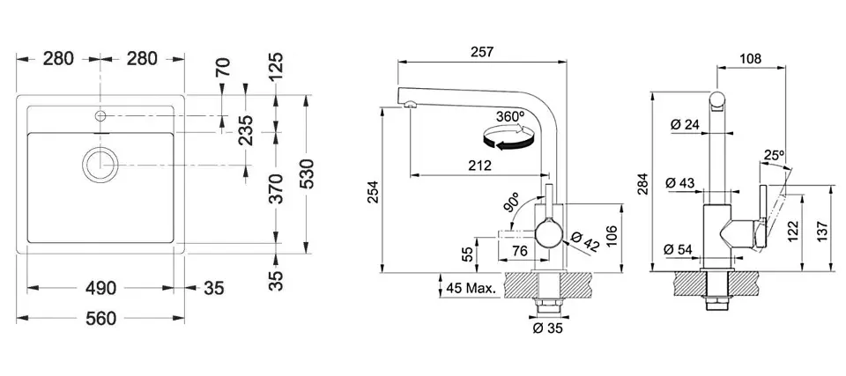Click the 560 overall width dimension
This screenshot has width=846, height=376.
coord(100,318)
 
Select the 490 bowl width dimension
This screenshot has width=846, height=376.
coord(100,289)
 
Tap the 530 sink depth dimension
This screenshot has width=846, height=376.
coord(307,173)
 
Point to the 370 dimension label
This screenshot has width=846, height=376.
coord(276,188)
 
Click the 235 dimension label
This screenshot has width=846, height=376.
coord(246,130)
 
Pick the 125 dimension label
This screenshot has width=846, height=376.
coord(276,66)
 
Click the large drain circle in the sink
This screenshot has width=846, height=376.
coord(100,165)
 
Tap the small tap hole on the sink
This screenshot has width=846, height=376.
coord(100,115)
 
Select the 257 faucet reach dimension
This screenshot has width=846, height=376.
coord(482,52)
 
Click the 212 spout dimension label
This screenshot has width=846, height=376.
coord(479,166)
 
